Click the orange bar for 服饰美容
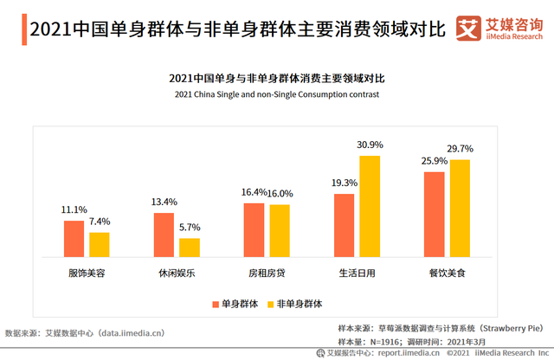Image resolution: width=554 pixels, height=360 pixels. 74,238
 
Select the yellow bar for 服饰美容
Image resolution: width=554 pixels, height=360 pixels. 100,244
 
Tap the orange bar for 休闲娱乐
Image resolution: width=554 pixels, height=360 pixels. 164,234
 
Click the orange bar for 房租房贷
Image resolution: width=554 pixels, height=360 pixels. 254,229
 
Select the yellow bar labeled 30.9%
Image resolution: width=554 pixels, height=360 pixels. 370,205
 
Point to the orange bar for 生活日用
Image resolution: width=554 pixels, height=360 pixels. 344,224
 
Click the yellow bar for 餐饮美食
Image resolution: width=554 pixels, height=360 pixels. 460,208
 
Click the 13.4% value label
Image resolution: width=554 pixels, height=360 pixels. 164,202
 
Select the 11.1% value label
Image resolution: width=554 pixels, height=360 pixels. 74,210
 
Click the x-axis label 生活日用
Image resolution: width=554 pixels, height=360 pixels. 357,273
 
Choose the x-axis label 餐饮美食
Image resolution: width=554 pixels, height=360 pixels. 447,273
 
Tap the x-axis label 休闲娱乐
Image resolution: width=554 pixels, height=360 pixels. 177,273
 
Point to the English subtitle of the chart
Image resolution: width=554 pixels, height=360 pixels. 277,93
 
